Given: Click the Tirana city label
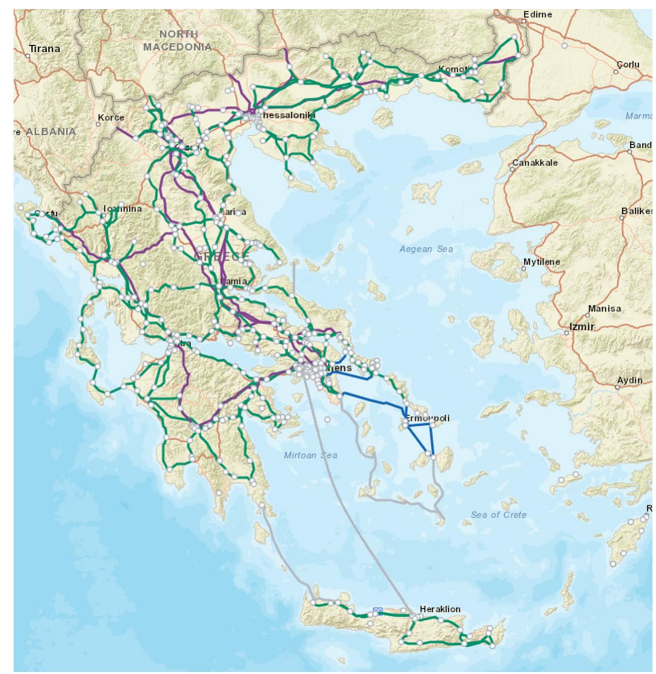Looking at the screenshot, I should click(x=44, y=49).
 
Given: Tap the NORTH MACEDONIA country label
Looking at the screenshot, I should click(x=177, y=41).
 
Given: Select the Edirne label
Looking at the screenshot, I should click(x=537, y=15).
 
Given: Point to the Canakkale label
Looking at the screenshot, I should click(x=535, y=163).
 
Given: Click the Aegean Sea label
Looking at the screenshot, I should click(x=426, y=249).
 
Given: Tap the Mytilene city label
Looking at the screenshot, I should click(x=541, y=262).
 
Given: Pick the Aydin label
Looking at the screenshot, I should click(x=630, y=380).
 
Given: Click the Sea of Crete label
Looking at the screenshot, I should click(x=499, y=515).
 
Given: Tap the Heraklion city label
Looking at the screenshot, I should click(x=440, y=609).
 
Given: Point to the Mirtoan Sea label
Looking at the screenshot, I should click(x=310, y=455).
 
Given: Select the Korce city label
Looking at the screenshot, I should click(x=111, y=118).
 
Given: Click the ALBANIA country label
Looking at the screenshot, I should click(x=50, y=132).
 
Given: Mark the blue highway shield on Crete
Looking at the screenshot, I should click(x=378, y=611).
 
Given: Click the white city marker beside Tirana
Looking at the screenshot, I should click(x=28, y=56).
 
